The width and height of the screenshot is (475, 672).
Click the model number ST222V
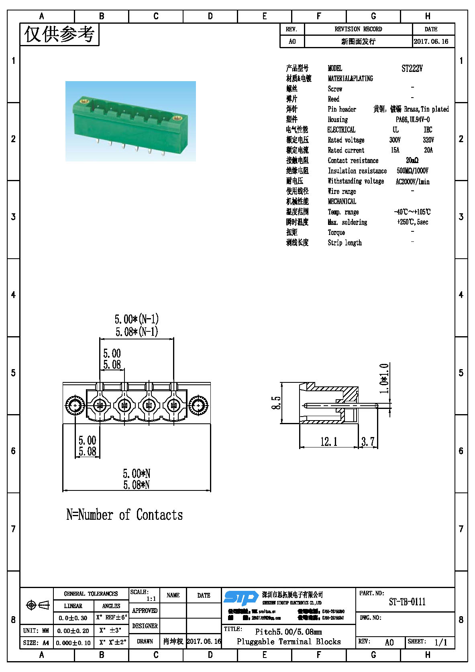[412, 68]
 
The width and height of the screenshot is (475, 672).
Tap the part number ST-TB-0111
[407, 602]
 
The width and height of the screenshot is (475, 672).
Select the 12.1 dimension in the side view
[328, 442]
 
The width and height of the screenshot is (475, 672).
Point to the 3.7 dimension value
[368, 442]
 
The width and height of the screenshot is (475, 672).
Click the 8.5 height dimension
[276, 402]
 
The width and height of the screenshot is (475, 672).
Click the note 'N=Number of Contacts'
[124, 515]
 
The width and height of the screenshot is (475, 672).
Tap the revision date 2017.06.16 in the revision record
[431, 41]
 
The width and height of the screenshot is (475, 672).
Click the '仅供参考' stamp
[59, 34]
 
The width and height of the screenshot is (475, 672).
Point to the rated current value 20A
[428, 150]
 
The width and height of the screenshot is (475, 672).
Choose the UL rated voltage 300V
[395, 140]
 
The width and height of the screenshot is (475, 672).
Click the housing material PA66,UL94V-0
[412, 119]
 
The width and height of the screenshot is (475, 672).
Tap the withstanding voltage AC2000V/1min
[412, 182]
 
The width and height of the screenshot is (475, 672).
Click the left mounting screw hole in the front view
[75, 406]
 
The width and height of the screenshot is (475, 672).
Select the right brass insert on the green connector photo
[177, 118]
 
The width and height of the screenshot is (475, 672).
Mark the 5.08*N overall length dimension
[137, 485]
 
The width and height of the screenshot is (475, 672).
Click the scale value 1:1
[151, 598]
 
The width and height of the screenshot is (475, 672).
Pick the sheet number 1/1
[440, 642]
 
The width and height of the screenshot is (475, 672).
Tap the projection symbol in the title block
[37, 605]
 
